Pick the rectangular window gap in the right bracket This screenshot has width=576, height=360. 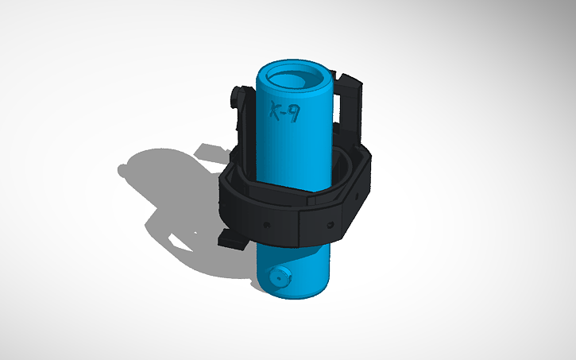[346, 108]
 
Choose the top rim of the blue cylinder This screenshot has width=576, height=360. [294, 65]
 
